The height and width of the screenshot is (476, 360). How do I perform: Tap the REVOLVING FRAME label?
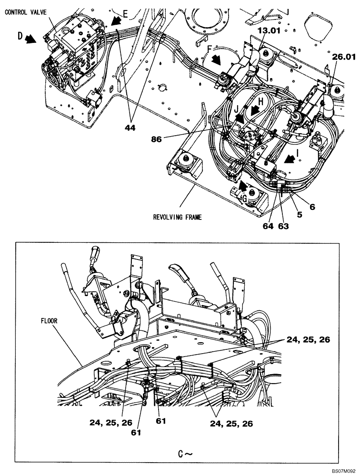178,217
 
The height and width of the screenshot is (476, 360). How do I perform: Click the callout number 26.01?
344,58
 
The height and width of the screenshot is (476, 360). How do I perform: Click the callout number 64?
269,226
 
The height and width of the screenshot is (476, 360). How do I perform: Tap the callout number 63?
284,226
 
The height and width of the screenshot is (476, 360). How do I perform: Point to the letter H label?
261,102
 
